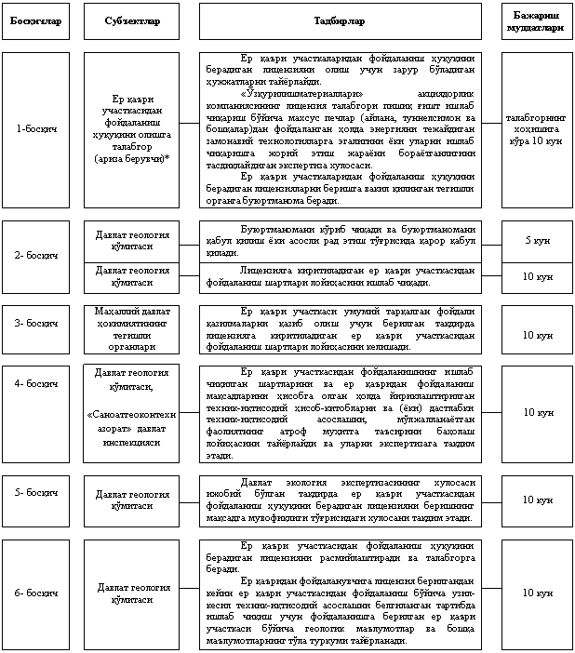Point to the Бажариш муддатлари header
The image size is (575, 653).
point(536,20)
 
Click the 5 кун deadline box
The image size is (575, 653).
point(536,240)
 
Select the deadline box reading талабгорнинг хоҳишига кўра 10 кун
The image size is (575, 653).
point(536,128)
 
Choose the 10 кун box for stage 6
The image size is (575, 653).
point(536,593)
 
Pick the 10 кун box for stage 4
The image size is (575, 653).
point(536,411)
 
